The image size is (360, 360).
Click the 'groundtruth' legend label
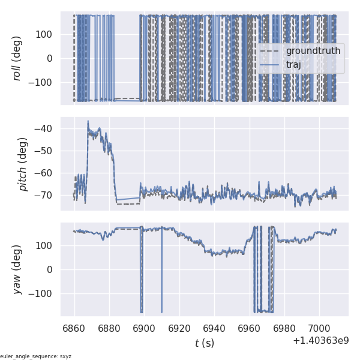point(313,51)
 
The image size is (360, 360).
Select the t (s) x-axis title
point(204,343)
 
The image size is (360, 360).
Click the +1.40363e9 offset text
point(320,341)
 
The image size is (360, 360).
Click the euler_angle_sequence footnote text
point(36,356)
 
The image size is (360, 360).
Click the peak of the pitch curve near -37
point(88,121)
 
